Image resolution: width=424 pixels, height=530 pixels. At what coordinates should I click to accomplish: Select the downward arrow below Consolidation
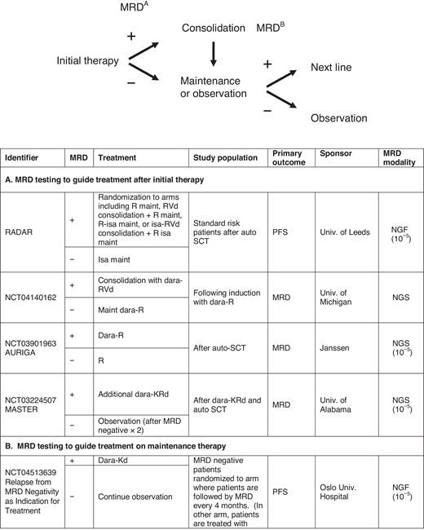tap(214, 53)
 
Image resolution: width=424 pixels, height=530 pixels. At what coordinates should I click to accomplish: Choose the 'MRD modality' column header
tap(398, 157)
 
